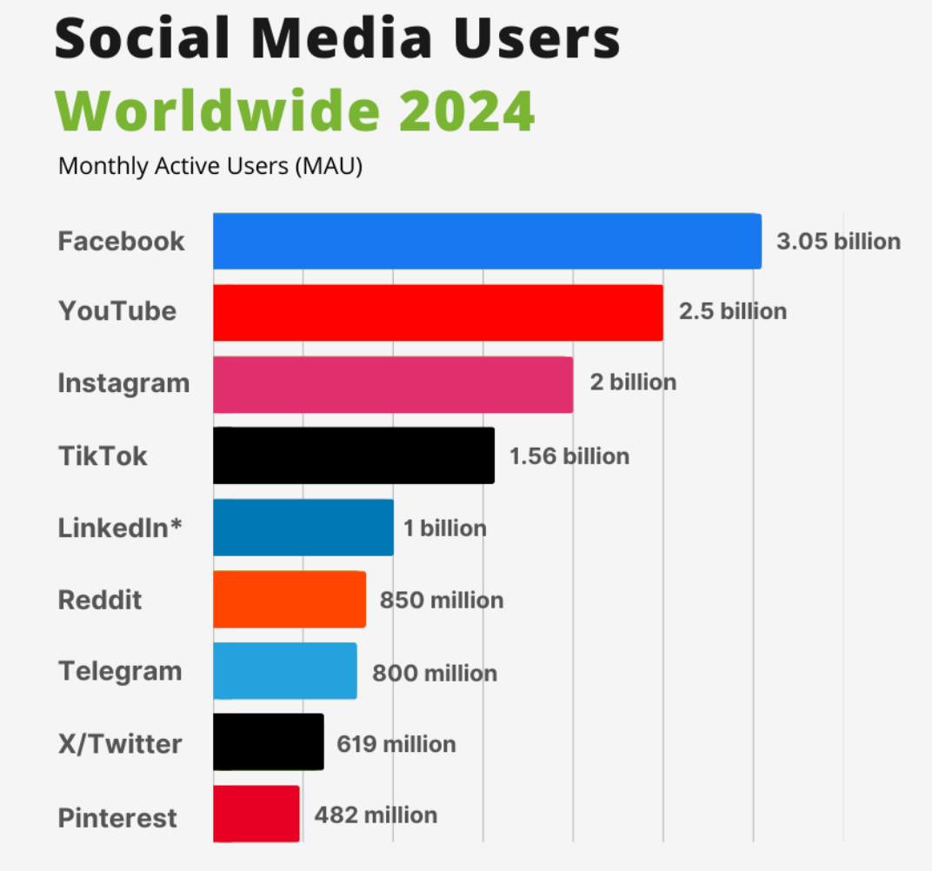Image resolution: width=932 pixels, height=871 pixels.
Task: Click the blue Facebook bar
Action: (x=487, y=241)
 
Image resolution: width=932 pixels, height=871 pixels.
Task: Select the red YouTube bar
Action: (x=437, y=312)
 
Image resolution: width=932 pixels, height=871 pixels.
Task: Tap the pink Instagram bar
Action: (x=393, y=384)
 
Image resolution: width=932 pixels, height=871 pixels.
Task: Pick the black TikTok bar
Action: (x=354, y=455)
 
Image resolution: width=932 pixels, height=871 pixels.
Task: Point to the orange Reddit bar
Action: (x=289, y=599)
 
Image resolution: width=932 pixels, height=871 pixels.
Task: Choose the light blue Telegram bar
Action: (x=284, y=671)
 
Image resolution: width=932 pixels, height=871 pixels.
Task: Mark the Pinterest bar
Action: (x=256, y=814)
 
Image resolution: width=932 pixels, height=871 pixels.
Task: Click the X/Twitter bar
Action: (x=268, y=742)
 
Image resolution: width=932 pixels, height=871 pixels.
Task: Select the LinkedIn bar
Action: (x=303, y=528)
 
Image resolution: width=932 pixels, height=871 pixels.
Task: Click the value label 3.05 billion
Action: (x=838, y=242)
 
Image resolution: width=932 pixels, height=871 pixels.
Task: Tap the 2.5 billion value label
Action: (x=732, y=311)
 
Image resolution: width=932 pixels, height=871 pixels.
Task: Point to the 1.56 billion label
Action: (x=569, y=456)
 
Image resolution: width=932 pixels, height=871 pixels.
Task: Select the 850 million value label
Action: (x=441, y=600)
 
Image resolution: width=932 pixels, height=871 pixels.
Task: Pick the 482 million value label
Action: (x=376, y=814)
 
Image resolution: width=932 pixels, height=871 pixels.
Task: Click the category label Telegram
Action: (x=120, y=672)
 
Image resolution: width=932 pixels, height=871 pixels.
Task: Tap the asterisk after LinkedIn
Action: (x=176, y=524)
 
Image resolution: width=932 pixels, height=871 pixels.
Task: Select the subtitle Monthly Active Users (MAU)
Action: (x=210, y=165)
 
